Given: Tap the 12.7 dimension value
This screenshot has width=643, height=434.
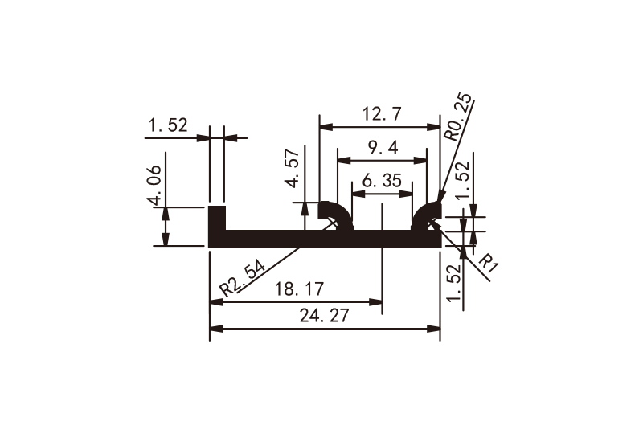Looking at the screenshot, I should [x=380, y=114].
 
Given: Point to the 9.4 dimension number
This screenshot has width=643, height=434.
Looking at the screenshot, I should [x=381, y=147].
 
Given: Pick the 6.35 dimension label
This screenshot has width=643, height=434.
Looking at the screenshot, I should [x=381, y=181].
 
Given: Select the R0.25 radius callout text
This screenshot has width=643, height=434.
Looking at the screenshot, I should [x=460, y=119].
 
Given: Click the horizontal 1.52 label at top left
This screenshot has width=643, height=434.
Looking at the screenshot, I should [x=167, y=125].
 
